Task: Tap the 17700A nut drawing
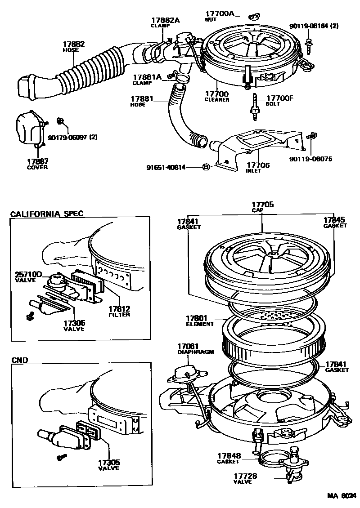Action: tap(253, 17)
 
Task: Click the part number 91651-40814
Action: tap(166, 167)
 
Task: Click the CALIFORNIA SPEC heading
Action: tap(46, 214)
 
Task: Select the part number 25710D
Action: tap(28, 274)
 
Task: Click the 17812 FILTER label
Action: tap(119, 311)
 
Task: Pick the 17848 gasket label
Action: tap(229, 458)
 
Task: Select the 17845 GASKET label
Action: tap(335, 223)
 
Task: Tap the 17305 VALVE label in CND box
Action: tap(108, 464)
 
